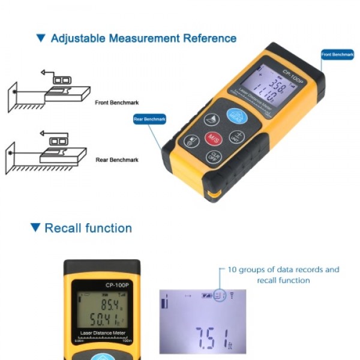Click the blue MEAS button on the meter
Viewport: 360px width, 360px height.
coord(235,116)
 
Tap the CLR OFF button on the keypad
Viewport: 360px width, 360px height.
coord(212,157)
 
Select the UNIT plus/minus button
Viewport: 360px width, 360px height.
coord(236,136)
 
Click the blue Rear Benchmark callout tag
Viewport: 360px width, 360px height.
coord(149,119)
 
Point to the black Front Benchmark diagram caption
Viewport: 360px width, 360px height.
coord(117,103)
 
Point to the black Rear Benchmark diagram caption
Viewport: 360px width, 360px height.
coord(117,160)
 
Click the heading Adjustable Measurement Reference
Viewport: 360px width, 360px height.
coord(143,38)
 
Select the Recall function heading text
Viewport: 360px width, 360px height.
coord(88,228)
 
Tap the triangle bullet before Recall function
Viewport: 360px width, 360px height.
coord(35,228)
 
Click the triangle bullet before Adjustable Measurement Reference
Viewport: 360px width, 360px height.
coord(41,38)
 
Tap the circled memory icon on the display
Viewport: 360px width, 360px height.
coord(220,295)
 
